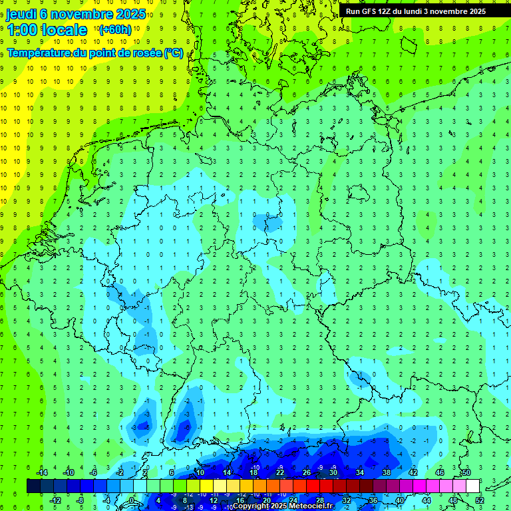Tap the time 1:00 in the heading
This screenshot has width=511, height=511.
21,30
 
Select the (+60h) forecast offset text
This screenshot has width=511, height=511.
115,30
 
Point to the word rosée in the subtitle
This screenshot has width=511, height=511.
146,53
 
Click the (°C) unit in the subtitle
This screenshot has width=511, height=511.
174,53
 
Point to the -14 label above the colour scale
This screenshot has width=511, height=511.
41,472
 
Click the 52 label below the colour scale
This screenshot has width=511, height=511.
480,500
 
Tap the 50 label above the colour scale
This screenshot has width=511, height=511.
466,472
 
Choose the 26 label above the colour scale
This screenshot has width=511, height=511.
306,472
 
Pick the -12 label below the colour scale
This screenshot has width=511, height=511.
55,500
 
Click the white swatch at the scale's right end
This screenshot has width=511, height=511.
472,486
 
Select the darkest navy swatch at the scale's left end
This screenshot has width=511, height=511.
33,486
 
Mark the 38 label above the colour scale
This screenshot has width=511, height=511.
386,472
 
